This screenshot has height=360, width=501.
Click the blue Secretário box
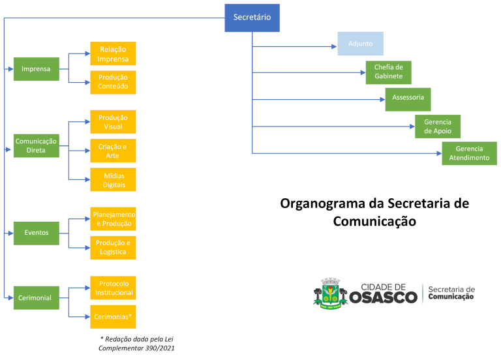click(252, 18)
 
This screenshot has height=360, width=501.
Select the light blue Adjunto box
click(361, 44)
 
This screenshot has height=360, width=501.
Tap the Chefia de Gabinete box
click(388, 72)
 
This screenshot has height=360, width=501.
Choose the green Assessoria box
click(408, 99)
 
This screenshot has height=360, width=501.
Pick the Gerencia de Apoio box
click(438, 127)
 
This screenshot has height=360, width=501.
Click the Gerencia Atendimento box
click(469, 153)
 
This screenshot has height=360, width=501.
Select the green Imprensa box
click(36, 69)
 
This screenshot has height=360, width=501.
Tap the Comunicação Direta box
click(36, 145)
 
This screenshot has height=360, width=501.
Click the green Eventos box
click(36, 233)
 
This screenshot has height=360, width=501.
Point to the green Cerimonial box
click(36, 298)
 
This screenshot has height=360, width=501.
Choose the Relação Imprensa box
click(113, 54)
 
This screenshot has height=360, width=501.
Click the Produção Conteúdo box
click(113, 82)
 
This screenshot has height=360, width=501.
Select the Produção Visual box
click(113, 122)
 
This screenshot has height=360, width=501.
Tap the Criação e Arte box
click(113, 151)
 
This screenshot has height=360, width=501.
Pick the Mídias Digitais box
click(113, 179)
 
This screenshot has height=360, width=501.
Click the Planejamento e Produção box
click(113, 219)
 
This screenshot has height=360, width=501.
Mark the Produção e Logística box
click(113, 247)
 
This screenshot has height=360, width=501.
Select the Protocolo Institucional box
click(113, 288)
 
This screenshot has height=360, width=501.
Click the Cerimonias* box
click(113, 316)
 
